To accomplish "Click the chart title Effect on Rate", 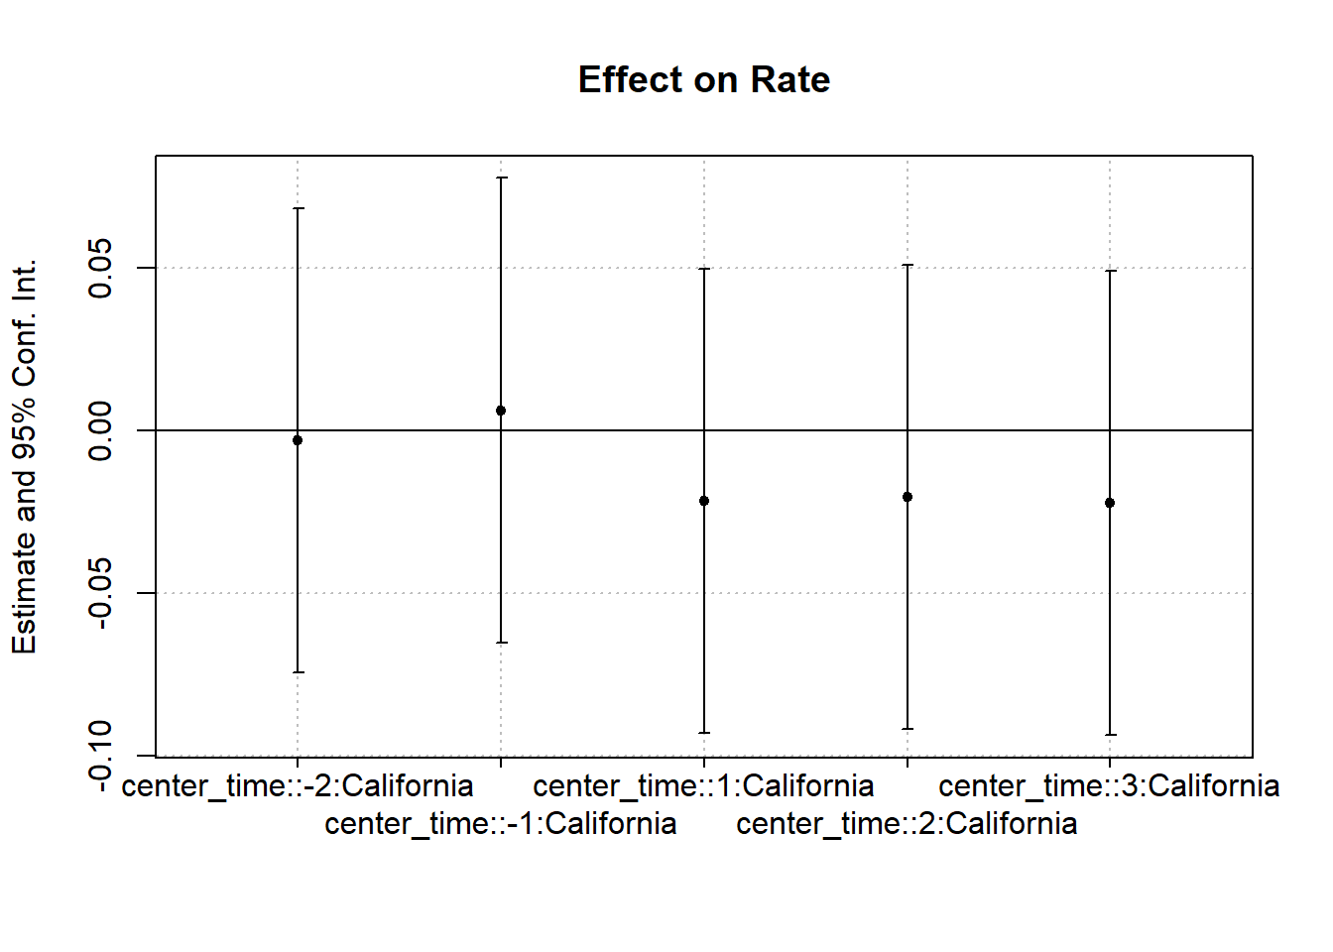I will coord(703,79).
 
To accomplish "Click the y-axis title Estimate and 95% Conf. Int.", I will coord(24,456).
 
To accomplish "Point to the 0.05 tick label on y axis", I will coord(100,268).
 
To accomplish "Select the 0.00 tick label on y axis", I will coord(100,430).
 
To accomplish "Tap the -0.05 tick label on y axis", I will coord(100,593).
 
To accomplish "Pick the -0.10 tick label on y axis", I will coord(100,756).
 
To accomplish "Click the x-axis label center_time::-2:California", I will coord(298,786).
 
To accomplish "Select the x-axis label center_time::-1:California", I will coord(500,824).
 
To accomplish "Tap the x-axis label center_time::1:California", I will coord(703,786).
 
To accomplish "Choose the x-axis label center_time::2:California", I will coord(907,824).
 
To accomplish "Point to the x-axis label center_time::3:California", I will coord(1109,786).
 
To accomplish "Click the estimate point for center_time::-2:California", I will coord(298,440).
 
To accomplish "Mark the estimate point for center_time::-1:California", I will coord(501,411).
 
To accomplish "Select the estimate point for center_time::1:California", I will coord(704,501).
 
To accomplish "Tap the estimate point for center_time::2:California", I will coord(908,497).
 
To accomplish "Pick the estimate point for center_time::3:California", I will coord(1110,503).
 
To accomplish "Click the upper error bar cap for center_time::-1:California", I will coord(501,178).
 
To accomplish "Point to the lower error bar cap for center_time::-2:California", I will coord(298,672).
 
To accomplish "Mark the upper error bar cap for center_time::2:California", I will coord(908,265).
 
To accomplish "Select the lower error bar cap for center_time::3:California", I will coord(1110,735).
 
